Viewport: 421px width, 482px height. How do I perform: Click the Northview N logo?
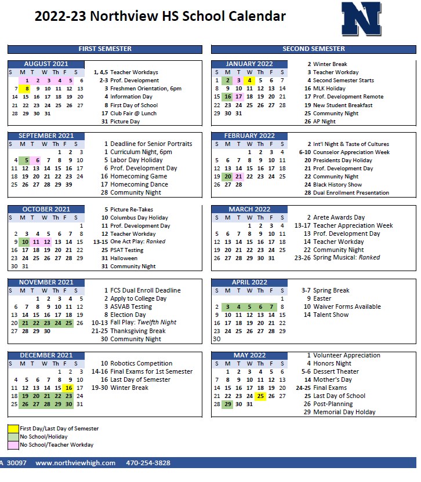point(361,19)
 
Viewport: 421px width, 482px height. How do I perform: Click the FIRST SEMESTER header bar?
point(105,49)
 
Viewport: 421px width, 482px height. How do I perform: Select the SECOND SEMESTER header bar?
point(313,49)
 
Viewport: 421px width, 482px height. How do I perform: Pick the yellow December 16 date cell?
point(69,388)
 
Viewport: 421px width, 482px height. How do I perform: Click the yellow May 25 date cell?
point(260,396)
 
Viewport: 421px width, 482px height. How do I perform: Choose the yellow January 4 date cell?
point(249,81)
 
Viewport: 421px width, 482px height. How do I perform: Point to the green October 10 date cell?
point(24,242)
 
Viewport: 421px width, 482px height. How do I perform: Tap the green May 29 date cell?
point(227,404)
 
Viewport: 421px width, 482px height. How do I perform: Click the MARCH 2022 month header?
point(249,209)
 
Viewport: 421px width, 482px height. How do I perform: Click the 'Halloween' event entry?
point(124,258)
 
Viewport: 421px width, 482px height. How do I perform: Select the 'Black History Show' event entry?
point(337,185)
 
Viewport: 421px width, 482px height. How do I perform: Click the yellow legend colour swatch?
point(13,429)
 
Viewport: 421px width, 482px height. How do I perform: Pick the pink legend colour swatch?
point(13,445)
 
